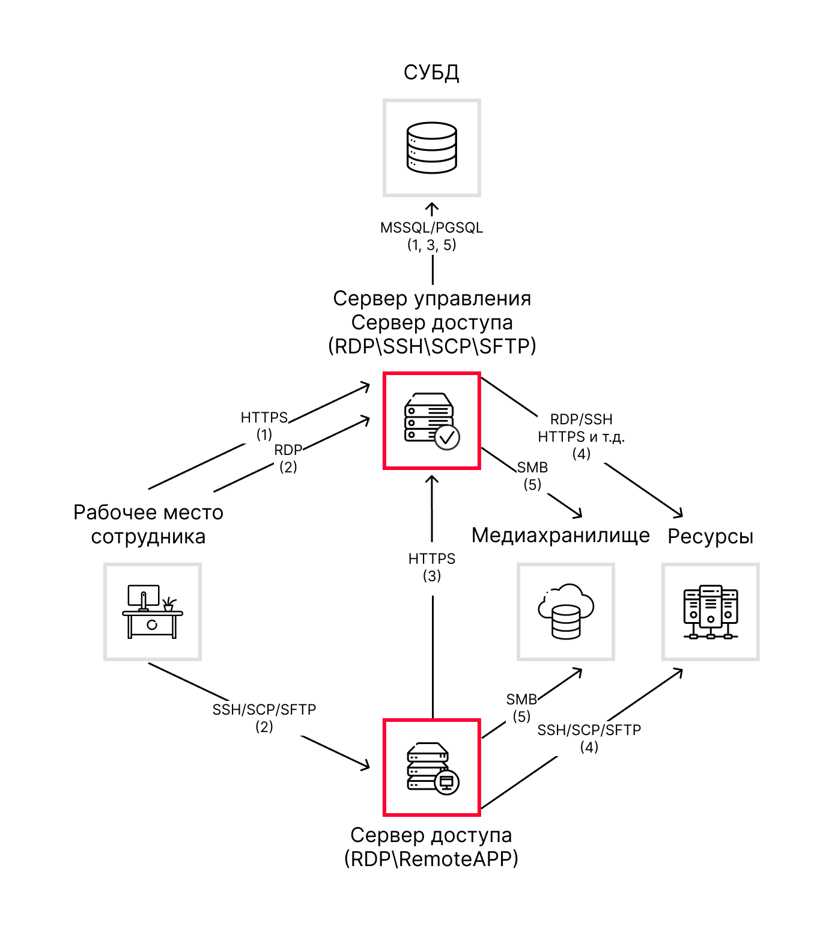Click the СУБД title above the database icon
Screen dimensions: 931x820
431,73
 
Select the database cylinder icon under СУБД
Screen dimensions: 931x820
431,148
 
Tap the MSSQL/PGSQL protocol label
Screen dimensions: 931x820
431,228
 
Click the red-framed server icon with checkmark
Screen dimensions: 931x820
431,421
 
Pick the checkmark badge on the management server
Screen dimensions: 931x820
447,438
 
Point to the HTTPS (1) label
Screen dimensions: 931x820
264,425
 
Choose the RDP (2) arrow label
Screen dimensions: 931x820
288,458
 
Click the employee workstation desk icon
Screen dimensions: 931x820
152,611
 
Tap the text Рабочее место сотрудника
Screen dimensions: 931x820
148,524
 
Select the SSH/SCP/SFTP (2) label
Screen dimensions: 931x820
264,718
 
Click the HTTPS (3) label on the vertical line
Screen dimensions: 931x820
432,567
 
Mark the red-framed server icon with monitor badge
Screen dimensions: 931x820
431,768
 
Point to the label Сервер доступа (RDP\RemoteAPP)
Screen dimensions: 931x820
431,847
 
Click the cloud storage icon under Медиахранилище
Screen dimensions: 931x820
566,611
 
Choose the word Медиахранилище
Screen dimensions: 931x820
560,535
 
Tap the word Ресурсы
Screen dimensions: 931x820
711,536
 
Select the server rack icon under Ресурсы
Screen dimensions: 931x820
711,611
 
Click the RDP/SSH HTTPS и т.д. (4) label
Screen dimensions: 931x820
582,436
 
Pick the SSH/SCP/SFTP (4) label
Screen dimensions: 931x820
589,738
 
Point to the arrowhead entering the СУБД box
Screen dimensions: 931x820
432,207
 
